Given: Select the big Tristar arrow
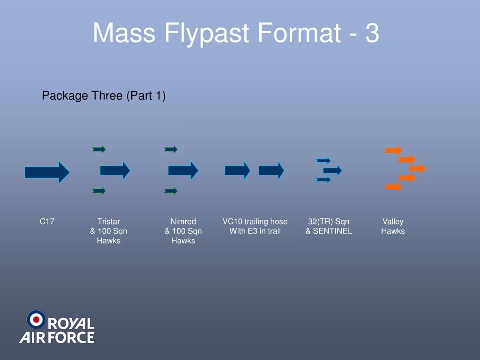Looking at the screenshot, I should tap(114, 170).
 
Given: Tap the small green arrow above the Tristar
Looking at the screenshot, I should tap(99, 149).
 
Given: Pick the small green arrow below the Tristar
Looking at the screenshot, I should tap(99, 191).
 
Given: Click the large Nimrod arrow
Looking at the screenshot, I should tap(183, 170).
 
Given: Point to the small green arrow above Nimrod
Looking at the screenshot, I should tap(171, 149).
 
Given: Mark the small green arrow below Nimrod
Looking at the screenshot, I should tap(171, 191).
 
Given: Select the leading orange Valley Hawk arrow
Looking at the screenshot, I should tap(417, 168).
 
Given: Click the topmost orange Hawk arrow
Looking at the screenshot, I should tap(393, 150).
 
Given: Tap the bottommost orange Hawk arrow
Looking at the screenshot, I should tap(393, 187).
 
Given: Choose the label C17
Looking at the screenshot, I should tap(47, 221).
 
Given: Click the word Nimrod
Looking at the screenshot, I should tap(183, 221).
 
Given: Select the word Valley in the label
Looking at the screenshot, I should tap(393, 221).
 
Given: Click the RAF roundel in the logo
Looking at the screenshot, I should tap(36, 320).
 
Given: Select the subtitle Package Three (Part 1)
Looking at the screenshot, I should tap(104, 96).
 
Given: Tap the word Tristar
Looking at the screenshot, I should tap(108, 221).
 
